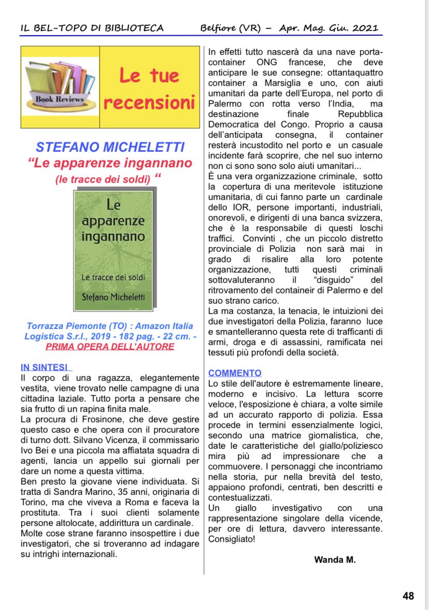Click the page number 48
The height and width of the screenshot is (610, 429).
408,596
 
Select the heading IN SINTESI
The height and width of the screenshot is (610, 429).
46,367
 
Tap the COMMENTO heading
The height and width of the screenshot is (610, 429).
235,373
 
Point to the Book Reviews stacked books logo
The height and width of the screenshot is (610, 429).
60,86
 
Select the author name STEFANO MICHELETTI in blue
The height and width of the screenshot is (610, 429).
110,147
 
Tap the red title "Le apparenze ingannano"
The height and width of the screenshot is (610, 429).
110,163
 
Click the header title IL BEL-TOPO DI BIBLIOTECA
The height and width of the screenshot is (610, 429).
92,28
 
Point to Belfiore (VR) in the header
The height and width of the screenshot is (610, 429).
231,28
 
